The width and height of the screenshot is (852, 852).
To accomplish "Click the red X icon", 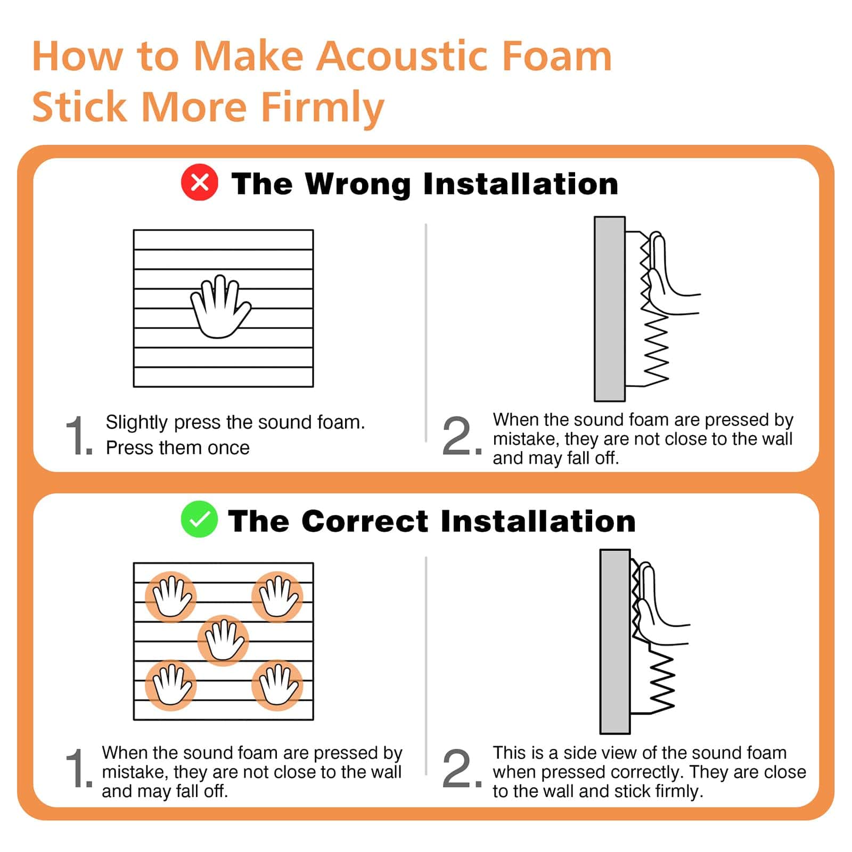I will click(200, 183).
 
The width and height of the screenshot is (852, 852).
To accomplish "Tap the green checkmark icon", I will click(199, 519).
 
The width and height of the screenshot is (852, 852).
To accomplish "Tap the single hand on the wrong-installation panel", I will click(220, 307).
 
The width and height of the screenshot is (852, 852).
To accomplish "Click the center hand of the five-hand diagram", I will click(223, 641).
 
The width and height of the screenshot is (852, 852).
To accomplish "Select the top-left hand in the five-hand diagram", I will click(171, 596).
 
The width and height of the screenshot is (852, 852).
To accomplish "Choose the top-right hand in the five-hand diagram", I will click(277, 596).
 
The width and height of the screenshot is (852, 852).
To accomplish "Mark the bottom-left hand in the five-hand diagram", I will click(171, 685).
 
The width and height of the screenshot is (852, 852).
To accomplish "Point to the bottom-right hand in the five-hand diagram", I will click(277, 685).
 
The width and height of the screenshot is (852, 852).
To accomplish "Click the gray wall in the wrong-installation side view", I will click(609, 309).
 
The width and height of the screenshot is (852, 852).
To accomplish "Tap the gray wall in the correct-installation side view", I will click(615, 642).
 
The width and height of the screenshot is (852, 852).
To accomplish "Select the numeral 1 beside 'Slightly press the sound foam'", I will click(79, 437).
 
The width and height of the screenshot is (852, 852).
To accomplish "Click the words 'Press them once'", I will click(177, 448).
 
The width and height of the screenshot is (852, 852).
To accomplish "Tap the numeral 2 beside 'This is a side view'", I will click(458, 769).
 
